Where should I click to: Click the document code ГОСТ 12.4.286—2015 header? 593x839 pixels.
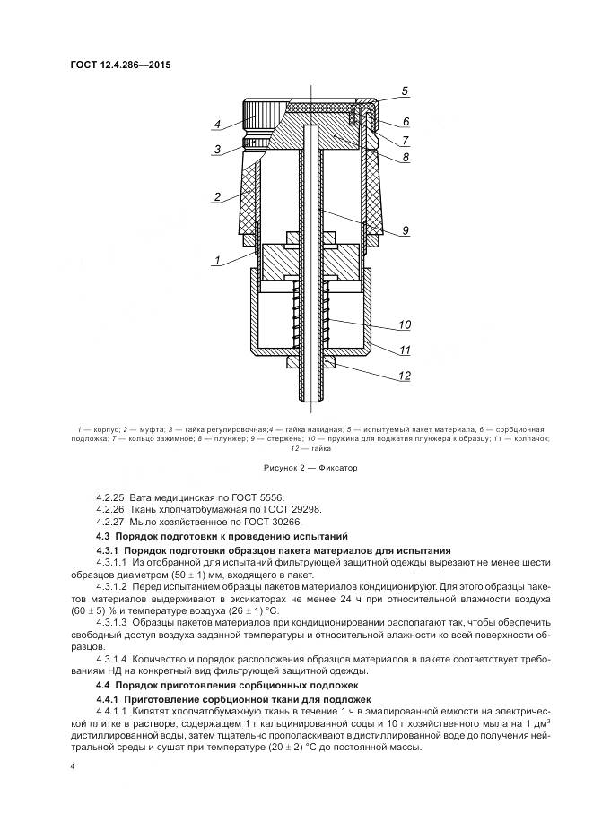point(119,65)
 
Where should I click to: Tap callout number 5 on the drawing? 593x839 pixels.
point(405,91)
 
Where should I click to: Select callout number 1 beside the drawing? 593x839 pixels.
point(216,261)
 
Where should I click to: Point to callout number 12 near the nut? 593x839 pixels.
point(404,376)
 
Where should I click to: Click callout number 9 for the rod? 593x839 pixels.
point(406,231)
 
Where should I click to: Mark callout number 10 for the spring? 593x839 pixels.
point(405,324)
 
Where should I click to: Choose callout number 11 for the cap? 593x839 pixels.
point(404,350)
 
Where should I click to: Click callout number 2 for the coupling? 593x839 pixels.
point(216,196)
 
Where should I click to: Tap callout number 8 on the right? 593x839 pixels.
point(405,157)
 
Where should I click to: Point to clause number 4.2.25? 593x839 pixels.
point(112,496)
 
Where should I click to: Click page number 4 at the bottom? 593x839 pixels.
point(72,766)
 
